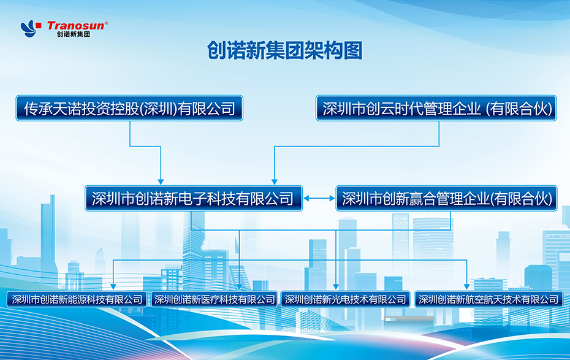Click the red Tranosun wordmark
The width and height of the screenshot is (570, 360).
pos(75,26)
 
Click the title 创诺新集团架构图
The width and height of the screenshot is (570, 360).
pos(284,50)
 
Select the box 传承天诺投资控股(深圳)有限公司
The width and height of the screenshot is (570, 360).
pos(129,108)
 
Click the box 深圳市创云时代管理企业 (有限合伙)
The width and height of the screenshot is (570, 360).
pos(436,108)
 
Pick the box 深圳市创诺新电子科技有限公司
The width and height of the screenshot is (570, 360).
pos(194,198)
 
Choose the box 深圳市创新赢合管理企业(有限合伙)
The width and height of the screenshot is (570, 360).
pos(446,198)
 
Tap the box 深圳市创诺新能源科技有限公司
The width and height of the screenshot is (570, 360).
pos(77,299)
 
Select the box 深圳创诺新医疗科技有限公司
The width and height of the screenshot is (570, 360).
pos(214,299)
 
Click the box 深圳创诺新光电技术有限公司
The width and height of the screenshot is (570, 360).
pos(345,299)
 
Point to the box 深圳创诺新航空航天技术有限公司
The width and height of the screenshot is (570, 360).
pos(488,299)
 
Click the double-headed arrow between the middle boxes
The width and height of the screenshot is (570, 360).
pos(319,198)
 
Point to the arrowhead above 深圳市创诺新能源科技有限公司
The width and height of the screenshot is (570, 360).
pos(113,287)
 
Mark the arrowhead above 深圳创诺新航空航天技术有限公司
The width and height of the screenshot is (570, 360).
pos(467,287)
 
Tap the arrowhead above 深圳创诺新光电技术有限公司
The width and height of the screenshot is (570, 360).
pos(336,287)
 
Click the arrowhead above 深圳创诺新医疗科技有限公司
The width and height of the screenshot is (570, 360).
pos(239,287)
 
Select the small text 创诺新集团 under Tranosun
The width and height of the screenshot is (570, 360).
pos(74,34)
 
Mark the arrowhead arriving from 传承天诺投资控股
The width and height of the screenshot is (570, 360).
pos(161,182)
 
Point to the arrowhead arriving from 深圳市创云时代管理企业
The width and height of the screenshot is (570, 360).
pos(275,182)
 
